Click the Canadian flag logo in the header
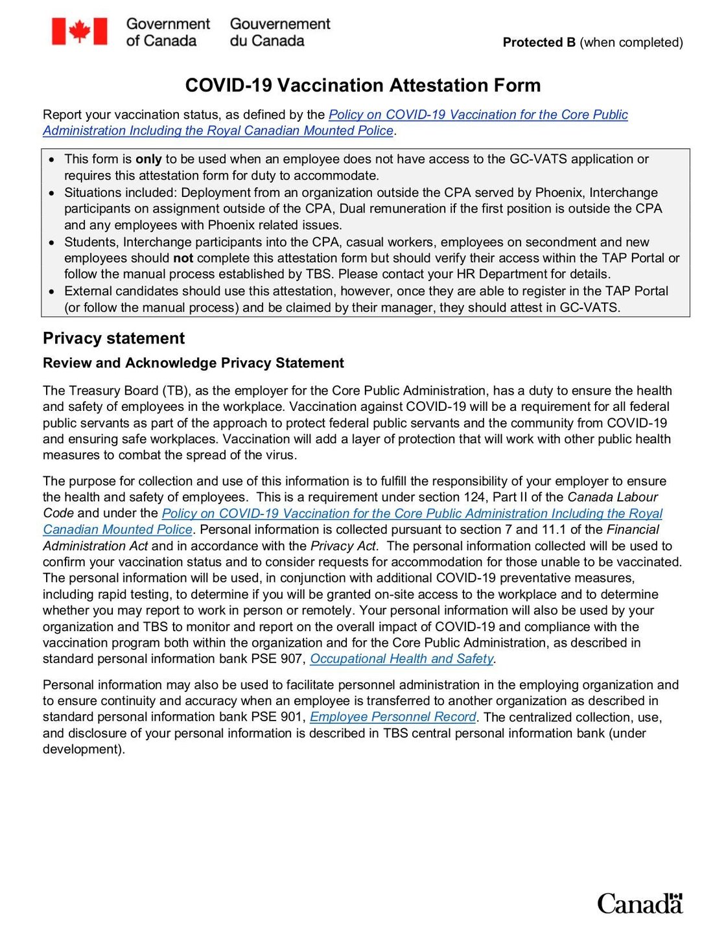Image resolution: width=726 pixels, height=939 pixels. (79, 31)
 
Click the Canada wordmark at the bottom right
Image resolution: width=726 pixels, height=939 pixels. (639, 903)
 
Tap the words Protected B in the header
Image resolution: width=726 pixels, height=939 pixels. (539, 43)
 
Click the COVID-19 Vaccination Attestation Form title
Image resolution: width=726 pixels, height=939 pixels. (362, 86)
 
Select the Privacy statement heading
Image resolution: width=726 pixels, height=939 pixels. (113, 338)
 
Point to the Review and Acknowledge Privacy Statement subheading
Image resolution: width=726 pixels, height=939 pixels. (193, 363)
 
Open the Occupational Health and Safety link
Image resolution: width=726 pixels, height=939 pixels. (402, 659)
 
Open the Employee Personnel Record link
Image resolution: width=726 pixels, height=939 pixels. (393, 717)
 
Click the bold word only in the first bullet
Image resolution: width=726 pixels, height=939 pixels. (148, 159)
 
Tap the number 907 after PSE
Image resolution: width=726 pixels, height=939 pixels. (292, 659)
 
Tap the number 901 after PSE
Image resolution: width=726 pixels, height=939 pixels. (292, 717)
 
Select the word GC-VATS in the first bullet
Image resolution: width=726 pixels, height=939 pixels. (535, 159)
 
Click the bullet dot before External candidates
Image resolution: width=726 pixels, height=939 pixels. (53, 292)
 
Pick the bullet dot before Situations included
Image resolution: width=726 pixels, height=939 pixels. (53, 193)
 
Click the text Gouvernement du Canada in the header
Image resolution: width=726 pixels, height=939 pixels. (279, 32)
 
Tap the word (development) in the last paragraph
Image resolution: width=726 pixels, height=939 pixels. (84, 750)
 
